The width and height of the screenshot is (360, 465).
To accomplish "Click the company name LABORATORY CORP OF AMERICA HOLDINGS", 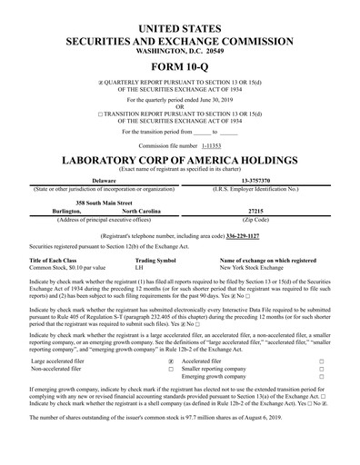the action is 180,160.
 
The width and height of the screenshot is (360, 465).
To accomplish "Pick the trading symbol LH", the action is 139,268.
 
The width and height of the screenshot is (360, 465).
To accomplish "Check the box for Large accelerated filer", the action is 171,361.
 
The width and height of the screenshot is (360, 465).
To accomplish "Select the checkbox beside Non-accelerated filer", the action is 171,370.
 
